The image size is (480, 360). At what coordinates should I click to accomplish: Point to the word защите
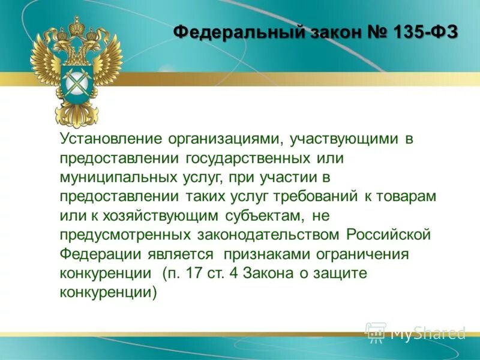click(337, 273)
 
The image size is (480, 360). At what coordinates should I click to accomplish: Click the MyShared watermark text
click(427, 333)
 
